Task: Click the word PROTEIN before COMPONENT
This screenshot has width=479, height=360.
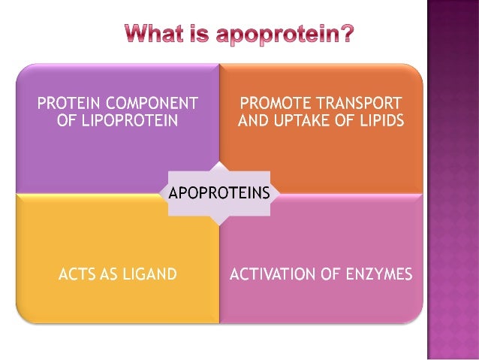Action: tap(68, 103)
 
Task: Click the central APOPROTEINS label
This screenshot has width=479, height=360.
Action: tap(219, 192)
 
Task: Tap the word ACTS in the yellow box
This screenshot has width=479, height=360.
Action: tap(77, 274)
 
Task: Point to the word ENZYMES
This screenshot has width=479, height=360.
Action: tap(380, 274)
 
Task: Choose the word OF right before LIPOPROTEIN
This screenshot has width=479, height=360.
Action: tap(68, 119)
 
